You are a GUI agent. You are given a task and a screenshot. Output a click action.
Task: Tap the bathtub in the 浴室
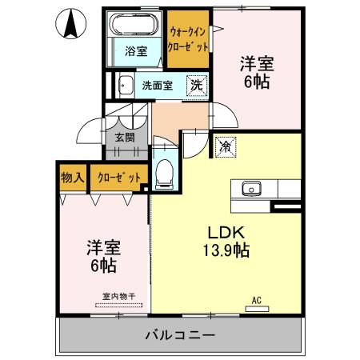pos(135,25)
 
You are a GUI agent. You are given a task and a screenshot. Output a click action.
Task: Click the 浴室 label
pos(136,52)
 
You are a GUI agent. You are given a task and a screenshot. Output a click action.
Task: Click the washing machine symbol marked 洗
pos(195,85)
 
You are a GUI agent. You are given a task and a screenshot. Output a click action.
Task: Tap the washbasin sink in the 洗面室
pos(125,85)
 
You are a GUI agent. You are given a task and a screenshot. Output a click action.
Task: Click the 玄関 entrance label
pos(125,137)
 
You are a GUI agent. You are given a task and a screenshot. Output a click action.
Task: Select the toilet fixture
pos(165,170)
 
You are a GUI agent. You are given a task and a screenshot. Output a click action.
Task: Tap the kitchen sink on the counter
pos(249,190)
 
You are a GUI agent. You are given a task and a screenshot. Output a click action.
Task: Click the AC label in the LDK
pos(258,300)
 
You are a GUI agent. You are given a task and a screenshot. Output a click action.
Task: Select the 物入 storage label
pos(73,177)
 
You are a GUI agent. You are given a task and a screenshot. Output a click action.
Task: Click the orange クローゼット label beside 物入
pos(119,177)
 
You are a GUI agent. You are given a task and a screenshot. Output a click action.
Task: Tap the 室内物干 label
pos(118,297)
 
